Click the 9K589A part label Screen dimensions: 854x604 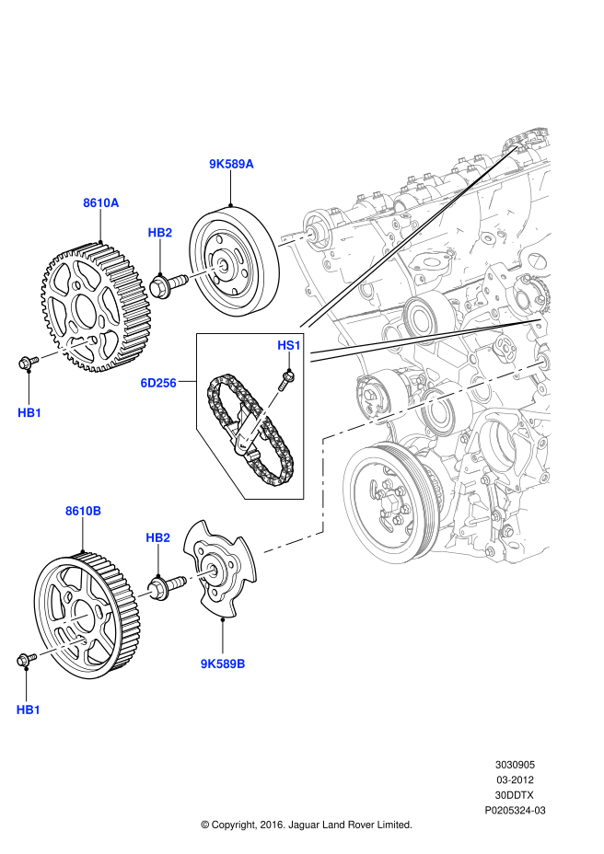(x=231, y=164)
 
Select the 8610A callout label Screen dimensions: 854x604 (x=101, y=203)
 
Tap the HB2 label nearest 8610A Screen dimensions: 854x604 (x=160, y=233)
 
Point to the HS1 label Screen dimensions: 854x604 (x=289, y=345)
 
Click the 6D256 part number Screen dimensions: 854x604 (x=158, y=383)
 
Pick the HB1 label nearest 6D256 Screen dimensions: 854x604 (x=29, y=413)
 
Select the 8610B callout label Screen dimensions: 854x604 (x=83, y=511)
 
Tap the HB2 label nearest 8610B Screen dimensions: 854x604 (x=158, y=538)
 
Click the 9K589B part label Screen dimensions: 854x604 (x=223, y=664)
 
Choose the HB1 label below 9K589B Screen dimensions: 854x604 (x=29, y=710)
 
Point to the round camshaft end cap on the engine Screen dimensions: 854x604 (x=318, y=230)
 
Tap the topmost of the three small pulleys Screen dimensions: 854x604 (x=422, y=317)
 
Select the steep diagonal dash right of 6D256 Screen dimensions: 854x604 (x=261, y=419)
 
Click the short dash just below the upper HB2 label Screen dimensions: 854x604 (x=206, y=271)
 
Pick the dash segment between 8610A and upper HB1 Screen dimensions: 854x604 (x=65, y=349)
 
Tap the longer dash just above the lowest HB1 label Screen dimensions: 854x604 (x=62, y=647)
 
